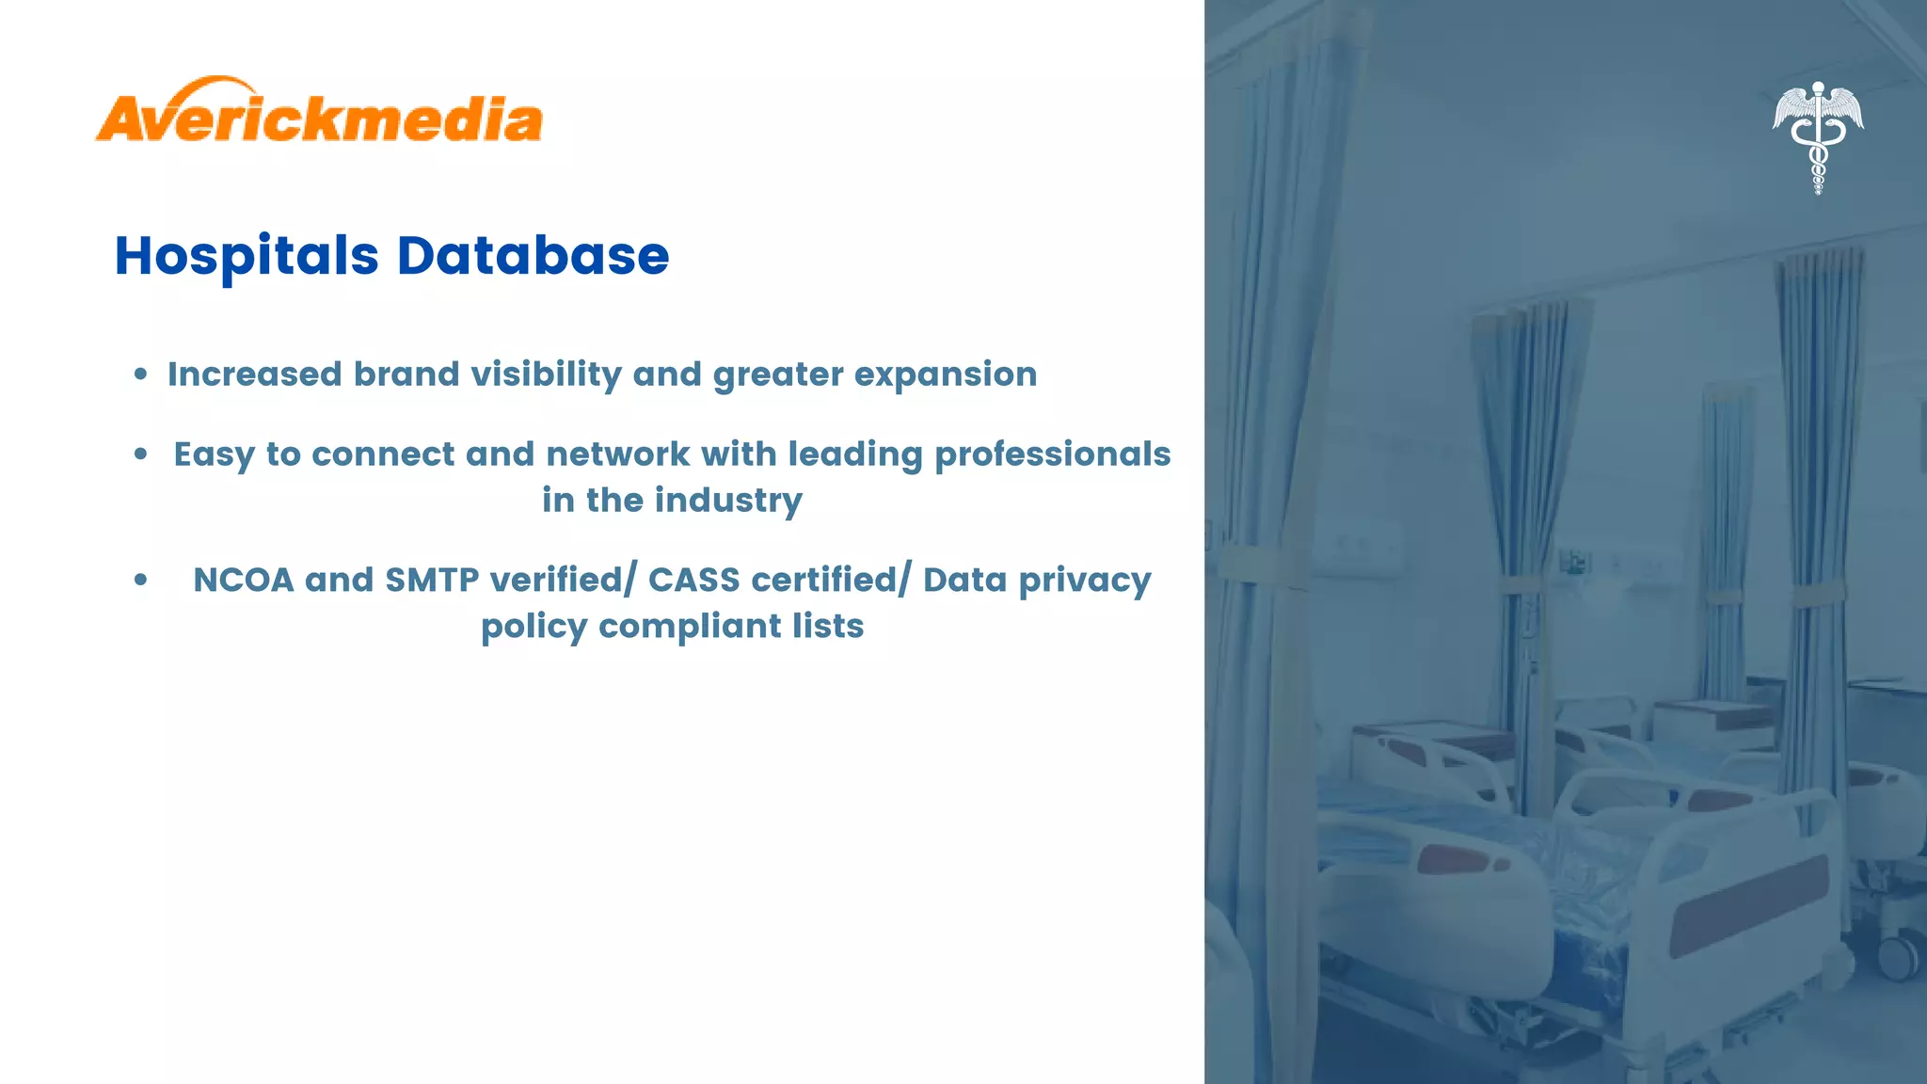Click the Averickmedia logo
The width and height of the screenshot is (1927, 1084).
[x=319, y=111]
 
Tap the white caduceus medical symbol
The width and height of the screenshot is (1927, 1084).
[x=1818, y=136]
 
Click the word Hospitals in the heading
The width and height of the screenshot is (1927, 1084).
[x=247, y=256]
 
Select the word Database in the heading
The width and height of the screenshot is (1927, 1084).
[x=533, y=256]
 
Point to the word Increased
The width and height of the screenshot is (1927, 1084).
[x=254, y=375]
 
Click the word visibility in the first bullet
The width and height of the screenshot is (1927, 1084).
[x=546, y=375]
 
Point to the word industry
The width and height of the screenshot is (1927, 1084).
[x=728, y=501]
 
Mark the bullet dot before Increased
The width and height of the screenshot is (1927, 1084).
[x=140, y=375]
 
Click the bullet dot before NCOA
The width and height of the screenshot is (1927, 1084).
[x=140, y=581]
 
